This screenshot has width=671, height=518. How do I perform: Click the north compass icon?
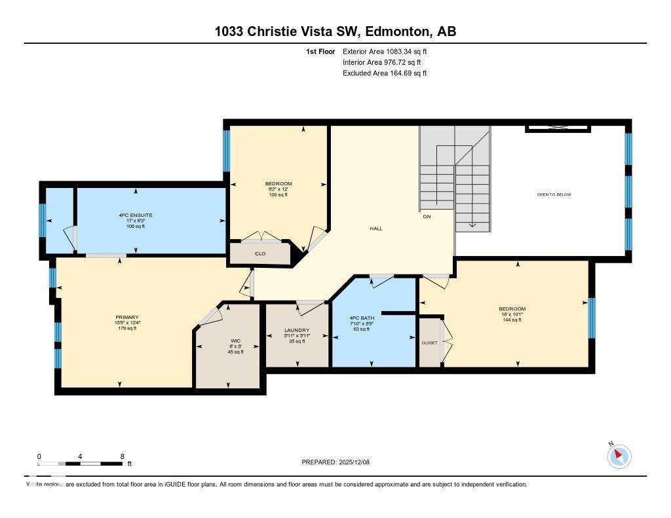pyautogui.click(x=619, y=456)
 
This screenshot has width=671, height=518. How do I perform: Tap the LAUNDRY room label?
pyautogui.click(x=297, y=330)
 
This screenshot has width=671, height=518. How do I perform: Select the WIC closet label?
pyautogui.click(x=235, y=341)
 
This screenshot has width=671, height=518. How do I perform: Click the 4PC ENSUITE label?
pyautogui.click(x=136, y=215)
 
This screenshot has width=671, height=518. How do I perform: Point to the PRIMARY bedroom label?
pyautogui.click(x=126, y=318)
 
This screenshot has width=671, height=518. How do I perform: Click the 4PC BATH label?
pyautogui.click(x=362, y=318)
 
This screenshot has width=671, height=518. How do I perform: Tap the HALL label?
pyautogui.click(x=376, y=229)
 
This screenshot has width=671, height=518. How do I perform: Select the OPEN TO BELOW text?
pyautogui.click(x=554, y=194)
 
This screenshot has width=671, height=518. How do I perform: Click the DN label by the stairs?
pyautogui.click(x=427, y=216)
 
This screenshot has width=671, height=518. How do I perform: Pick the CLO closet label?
pyautogui.click(x=259, y=253)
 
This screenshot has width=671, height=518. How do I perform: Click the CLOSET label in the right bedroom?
pyautogui.click(x=429, y=342)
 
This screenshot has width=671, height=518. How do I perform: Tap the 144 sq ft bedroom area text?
pyautogui.click(x=512, y=320)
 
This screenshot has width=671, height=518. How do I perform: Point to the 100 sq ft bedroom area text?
pyautogui.click(x=278, y=194)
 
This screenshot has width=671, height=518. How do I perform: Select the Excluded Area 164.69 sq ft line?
pyautogui.click(x=385, y=73)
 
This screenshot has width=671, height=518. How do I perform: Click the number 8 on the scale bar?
pyautogui.click(x=122, y=456)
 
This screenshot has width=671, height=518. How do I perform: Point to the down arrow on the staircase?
pyautogui.click(x=472, y=225)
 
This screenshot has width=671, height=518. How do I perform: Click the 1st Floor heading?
pyautogui.click(x=320, y=51)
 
